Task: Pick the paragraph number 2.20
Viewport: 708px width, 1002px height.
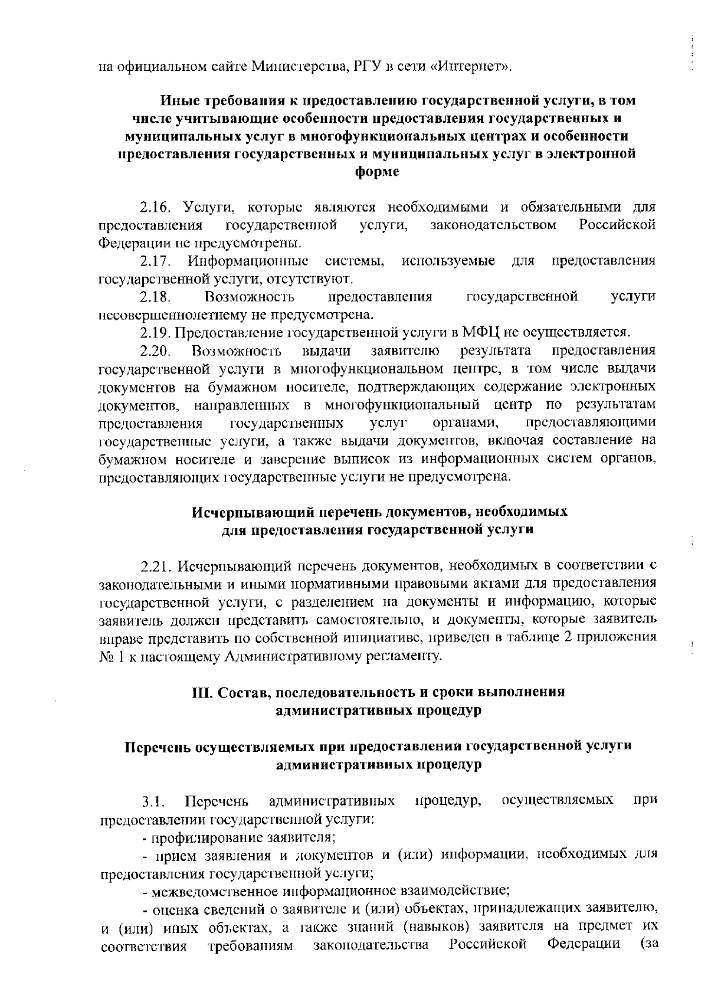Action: [x=155, y=351]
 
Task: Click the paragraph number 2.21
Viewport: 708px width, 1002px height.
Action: [x=155, y=567]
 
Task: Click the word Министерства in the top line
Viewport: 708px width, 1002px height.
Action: [x=301, y=65]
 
